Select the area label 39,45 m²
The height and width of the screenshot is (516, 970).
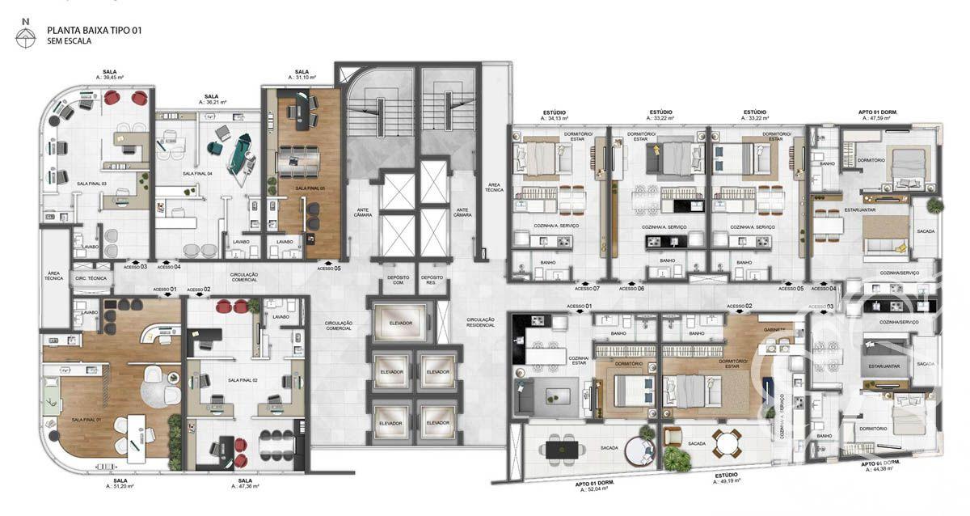pos(109,78)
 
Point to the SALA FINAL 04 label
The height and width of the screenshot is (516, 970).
pos(197,173)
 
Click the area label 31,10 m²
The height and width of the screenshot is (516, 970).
pos(302,78)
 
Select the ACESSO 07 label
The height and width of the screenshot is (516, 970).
pos(586,289)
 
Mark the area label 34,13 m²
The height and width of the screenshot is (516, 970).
pos(554,118)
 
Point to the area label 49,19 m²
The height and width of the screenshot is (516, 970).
pos(730,481)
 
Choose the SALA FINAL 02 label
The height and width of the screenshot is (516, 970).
pos(242,379)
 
